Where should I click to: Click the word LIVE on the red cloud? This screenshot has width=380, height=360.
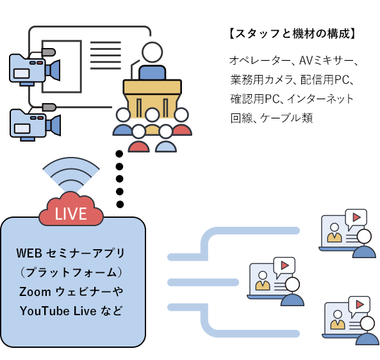tap(70, 214)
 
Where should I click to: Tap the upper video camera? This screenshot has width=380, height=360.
tap(35, 68)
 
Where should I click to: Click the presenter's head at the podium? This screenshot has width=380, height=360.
tap(152, 52)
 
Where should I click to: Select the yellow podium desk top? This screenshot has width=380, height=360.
tap(153, 86)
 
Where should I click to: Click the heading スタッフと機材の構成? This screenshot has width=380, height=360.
tap(293, 33)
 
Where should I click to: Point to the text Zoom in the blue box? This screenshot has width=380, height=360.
tap(35, 291)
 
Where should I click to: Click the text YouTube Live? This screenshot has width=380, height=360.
tap(58, 311)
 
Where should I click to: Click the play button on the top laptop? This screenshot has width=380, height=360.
tap(356, 217)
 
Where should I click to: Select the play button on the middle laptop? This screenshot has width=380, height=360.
tap(285, 266)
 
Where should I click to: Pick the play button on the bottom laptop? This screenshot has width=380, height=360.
tap(360, 304)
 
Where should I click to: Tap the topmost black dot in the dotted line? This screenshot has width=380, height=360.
tap(119, 154)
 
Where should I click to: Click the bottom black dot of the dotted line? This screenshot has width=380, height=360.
tap(120, 204)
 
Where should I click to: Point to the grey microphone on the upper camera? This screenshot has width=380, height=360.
tap(49, 52)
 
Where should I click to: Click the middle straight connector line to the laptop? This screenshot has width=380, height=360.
tap(203, 282)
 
